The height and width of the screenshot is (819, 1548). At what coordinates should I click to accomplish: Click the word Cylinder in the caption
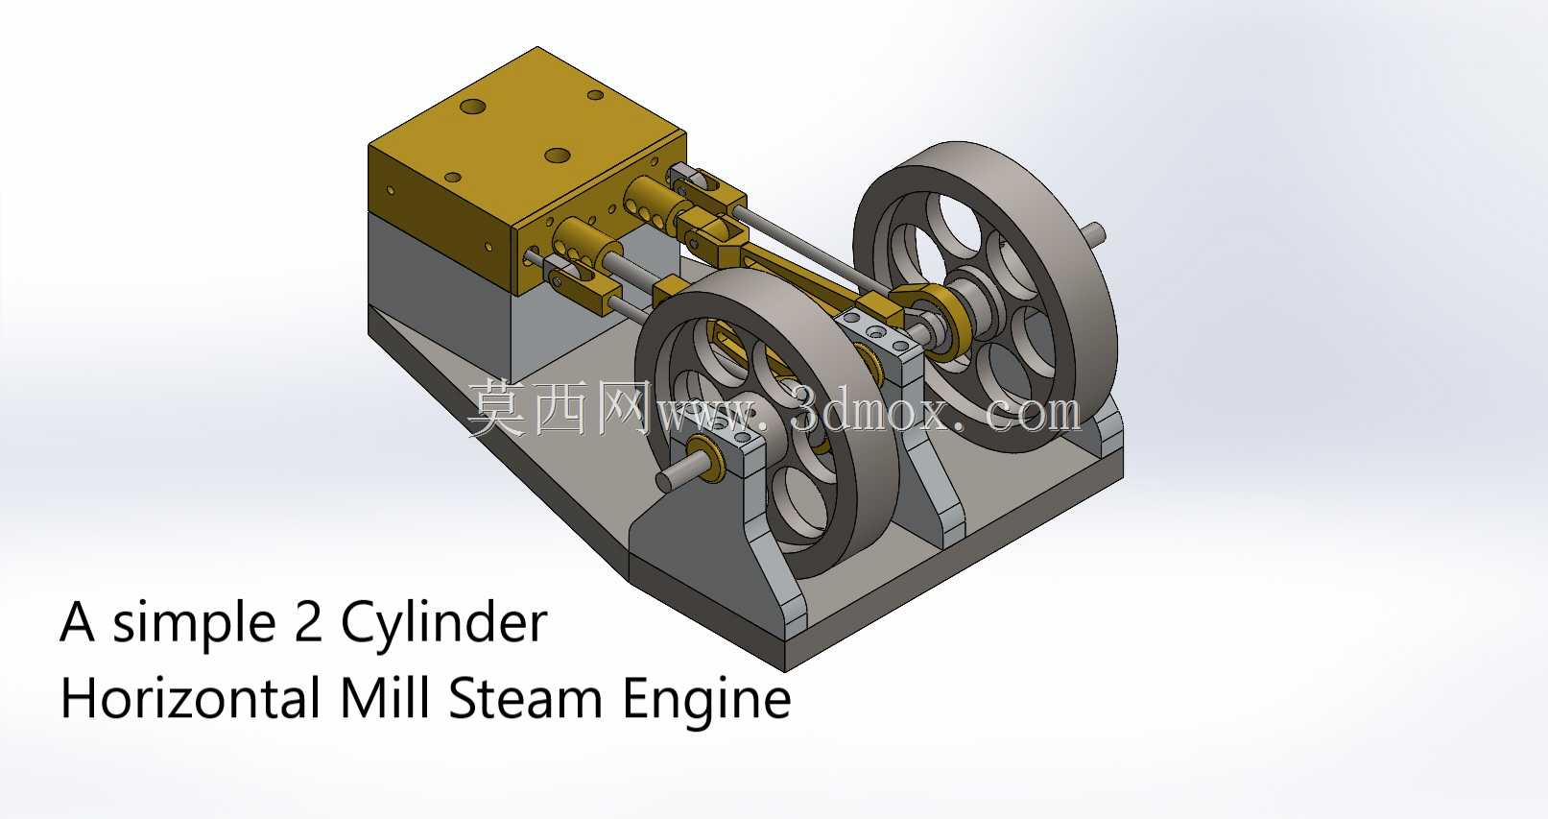pyautogui.click(x=443, y=623)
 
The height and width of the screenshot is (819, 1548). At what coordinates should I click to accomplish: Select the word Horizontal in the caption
pyautogui.click(x=190, y=699)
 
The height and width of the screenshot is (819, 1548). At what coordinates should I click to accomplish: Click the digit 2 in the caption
pyautogui.click(x=307, y=621)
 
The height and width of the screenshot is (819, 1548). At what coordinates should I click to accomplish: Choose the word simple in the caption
pyautogui.click(x=194, y=623)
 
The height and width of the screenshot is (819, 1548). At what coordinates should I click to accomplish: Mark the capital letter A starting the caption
pyautogui.click(x=77, y=621)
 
